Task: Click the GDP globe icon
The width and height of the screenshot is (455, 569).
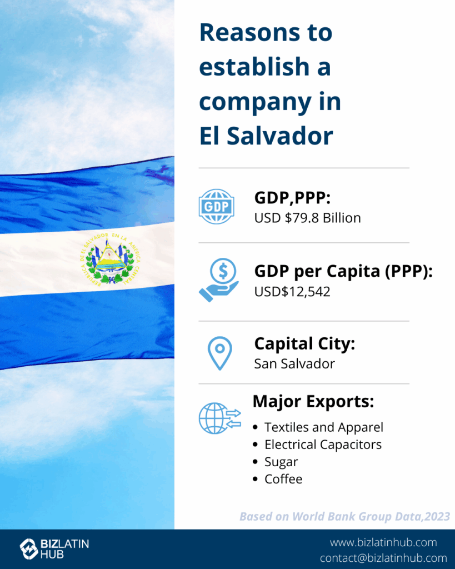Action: coord(217,207)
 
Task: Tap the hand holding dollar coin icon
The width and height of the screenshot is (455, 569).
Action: coord(219,280)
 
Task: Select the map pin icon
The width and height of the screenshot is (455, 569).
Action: coord(220,353)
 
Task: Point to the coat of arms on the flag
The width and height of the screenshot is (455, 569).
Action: coord(110,258)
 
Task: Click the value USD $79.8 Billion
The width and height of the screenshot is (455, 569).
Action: coord(308,218)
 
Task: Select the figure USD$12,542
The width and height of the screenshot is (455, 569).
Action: coord(292,292)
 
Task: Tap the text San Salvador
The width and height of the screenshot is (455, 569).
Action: coord(294,363)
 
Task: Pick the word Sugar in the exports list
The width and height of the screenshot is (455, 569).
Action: coord(281,462)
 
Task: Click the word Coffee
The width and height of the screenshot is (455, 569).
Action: coord(283,479)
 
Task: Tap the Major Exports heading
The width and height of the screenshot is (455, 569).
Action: coord(313,402)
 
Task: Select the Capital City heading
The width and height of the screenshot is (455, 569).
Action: coord(304,343)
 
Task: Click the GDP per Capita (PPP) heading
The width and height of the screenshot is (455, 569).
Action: coord(343,271)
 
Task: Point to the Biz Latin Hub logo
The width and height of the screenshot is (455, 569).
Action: coord(54,548)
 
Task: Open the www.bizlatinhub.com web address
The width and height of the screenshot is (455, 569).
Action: coord(383,542)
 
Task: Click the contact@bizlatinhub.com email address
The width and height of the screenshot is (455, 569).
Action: coord(383,558)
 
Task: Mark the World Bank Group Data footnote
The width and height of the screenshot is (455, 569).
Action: coord(344,516)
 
